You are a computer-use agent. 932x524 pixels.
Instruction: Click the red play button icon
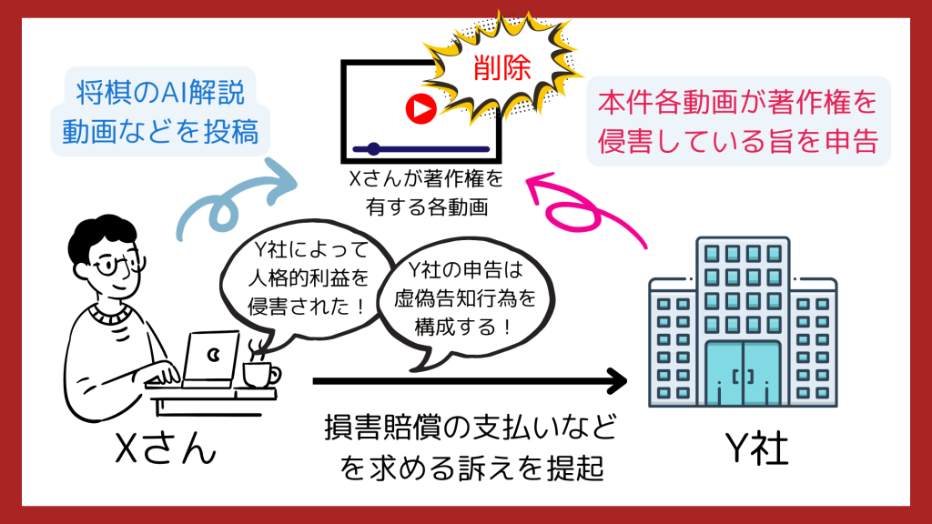pos(420,109)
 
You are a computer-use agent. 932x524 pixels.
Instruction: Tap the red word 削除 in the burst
pos(501,67)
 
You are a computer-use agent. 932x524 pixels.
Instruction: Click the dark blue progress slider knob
pos(373,148)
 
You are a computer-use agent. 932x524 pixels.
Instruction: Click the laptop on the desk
pos(205,360)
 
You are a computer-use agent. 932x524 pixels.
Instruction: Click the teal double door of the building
pos(743,373)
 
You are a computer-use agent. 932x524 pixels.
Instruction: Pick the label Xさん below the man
pos(166,448)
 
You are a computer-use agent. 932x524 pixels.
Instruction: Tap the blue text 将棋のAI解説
pos(160,93)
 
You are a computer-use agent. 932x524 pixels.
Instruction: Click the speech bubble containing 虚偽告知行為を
pos(466,303)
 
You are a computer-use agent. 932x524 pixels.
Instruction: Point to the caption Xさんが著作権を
pos(426,179)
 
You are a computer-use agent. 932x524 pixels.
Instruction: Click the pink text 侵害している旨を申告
pos(737,141)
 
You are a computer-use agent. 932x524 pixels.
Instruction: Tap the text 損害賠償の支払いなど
pos(471,428)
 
